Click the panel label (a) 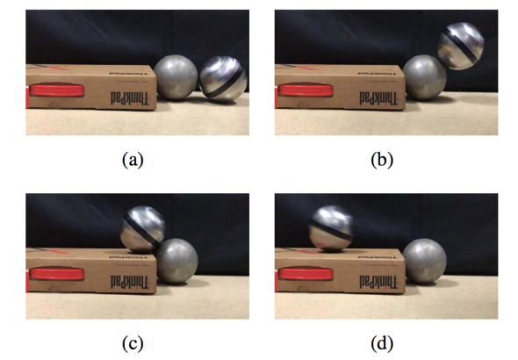click(133, 160)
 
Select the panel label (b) click(382, 160)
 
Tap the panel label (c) click(133, 343)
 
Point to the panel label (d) click(382, 343)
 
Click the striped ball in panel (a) click(223, 79)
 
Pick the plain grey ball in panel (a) click(176, 77)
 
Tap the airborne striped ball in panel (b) click(461, 46)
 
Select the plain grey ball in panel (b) click(425, 77)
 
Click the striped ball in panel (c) click(142, 229)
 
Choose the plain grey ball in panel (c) click(176, 261)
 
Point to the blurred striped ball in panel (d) click(331, 229)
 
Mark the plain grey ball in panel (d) click(425, 261)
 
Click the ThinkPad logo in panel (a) click(130, 98)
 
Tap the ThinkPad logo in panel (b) click(378, 98)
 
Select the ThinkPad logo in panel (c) click(130, 283)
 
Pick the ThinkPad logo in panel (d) click(378, 283)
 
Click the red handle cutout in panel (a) click(56, 90)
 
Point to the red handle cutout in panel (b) click(306, 90)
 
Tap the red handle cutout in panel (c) click(56, 274)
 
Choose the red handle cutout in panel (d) click(306, 274)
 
